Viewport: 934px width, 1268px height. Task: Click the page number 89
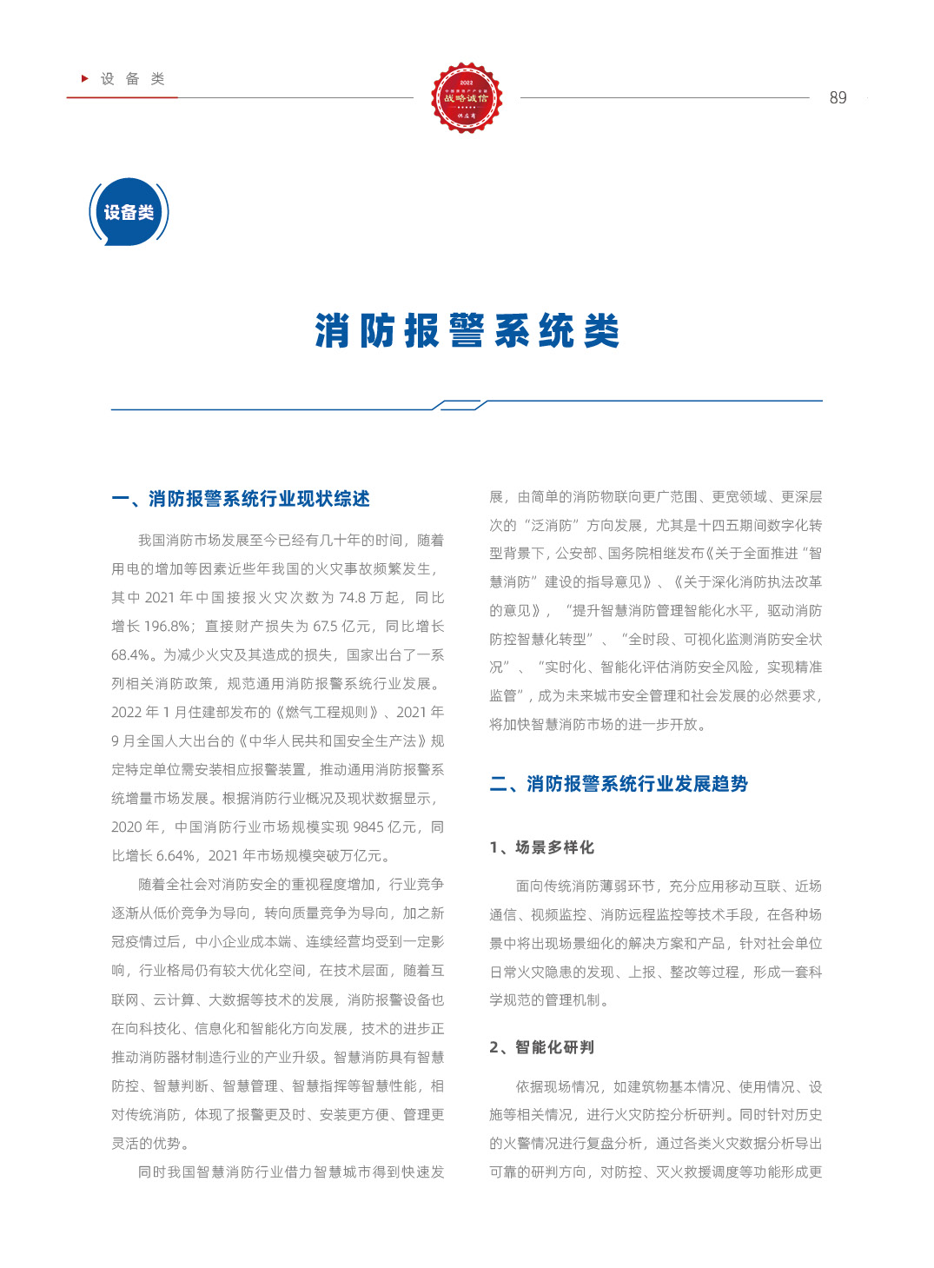pos(838,98)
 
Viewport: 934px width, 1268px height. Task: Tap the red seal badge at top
pos(467,97)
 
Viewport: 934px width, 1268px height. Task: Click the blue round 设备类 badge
pos(129,212)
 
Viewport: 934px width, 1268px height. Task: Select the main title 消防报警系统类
pos(467,331)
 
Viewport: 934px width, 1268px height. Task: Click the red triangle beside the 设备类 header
pos(85,78)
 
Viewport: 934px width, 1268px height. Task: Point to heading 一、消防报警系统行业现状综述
pos(241,499)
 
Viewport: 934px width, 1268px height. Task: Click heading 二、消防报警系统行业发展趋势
pos(619,784)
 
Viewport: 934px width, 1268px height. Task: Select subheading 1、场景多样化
pos(542,847)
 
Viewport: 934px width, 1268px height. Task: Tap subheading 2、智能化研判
pos(542,1047)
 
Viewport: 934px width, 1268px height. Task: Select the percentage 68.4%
pos(130,655)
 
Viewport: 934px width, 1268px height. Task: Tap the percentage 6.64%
pos(175,856)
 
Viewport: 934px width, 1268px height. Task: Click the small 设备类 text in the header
pos(133,79)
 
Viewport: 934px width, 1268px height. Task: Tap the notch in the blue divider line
pos(460,405)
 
